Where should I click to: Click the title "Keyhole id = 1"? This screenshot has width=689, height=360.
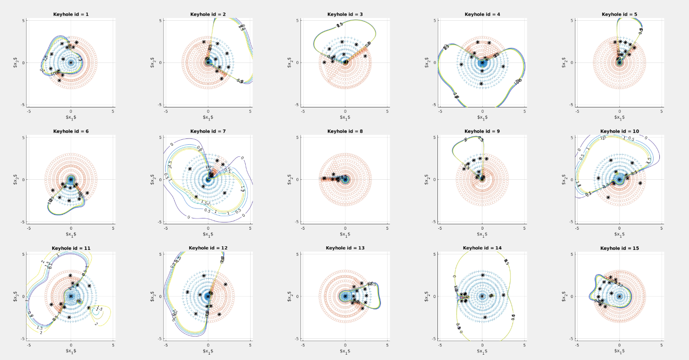tap(71, 14)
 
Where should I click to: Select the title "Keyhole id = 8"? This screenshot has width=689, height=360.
tap(345, 131)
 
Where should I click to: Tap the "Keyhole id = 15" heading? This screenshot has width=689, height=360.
tap(619, 248)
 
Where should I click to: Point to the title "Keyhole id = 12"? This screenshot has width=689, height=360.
tap(208, 248)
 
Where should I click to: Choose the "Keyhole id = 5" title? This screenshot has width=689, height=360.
tap(619, 14)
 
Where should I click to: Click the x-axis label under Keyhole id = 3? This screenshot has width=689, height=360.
tap(345, 117)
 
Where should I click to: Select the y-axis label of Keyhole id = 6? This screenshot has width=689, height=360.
tap(16, 179)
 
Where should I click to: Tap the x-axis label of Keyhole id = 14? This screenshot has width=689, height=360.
tap(482, 351)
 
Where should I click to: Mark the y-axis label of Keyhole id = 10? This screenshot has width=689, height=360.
tap(565, 179)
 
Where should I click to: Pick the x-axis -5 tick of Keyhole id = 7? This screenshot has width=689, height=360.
tap(166, 228)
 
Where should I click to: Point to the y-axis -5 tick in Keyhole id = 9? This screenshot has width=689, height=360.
tap(433, 222)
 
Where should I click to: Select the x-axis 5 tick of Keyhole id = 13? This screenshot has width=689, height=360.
tap(387, 345)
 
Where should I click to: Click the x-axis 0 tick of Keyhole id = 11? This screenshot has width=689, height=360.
tap(71, 345)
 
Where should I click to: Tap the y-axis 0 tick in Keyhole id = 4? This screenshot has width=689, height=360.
tap(434, 62)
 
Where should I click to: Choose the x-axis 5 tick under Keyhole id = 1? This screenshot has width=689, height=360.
tap(113, 111)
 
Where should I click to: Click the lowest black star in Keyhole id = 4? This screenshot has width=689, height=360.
tap(481, 84)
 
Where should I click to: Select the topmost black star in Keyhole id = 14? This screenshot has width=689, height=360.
tap(483, 275)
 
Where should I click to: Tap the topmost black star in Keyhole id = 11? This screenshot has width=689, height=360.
tap(70, 276)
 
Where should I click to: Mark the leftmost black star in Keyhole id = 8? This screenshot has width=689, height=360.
tap(324, 178)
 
